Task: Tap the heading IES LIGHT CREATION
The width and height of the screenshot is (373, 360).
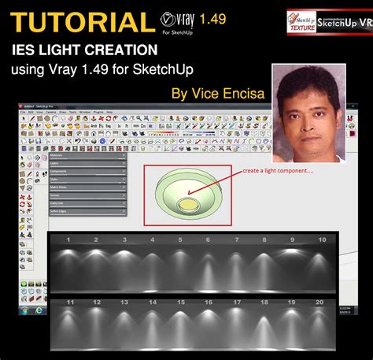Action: pyautogui.click(x=84, y=50)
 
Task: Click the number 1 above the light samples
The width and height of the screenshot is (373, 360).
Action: pyautogui.click(x=68, y=239)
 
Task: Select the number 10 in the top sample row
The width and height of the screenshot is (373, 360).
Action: pyautogui.click(x=322, y=239)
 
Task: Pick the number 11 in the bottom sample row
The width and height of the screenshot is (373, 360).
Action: pyautogui.click(x=70, y=302)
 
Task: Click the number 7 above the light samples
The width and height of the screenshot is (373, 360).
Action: pyautogui.click(x=235, y=239)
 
